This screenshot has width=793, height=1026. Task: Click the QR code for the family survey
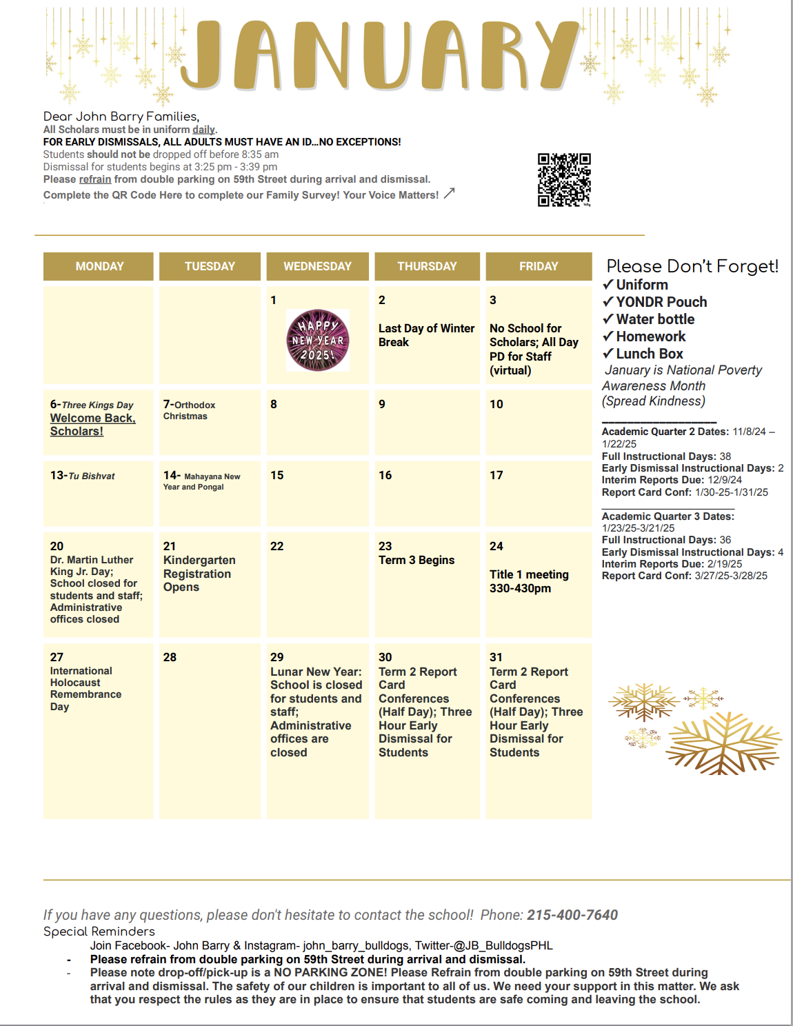point(564,179)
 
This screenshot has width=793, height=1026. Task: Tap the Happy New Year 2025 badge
point(318,340)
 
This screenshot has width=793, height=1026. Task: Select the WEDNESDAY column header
point(317,266)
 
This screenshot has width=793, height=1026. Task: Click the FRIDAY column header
point(539,266)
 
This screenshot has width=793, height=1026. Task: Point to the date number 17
point(496,475)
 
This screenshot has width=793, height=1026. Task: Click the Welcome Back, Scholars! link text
point(92,425)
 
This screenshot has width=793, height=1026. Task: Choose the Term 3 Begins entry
point(416,560)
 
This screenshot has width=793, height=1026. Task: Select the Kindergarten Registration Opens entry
point(199,574)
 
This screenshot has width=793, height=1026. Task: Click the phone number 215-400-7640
point(572,915)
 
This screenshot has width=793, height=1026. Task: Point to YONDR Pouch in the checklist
point(661,302)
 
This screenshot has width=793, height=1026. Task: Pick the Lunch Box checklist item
point(649,354)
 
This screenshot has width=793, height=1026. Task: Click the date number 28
point(170,657)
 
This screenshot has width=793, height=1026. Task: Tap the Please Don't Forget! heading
point(692,266)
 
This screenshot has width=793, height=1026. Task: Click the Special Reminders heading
point(99,932)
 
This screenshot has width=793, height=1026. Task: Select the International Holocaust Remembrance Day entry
point(86,688)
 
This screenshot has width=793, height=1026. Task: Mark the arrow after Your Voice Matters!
point(449,194)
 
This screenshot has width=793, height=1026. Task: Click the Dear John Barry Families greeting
point(121,117)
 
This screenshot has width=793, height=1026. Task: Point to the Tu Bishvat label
point(91,476)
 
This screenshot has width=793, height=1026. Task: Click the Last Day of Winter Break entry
point(426,335)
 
